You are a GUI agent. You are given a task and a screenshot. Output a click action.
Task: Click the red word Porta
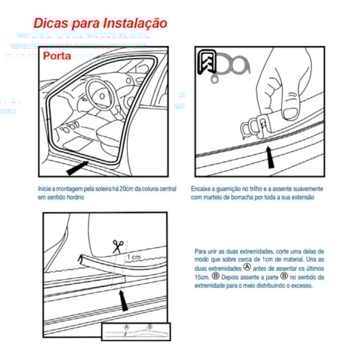pos(59,56)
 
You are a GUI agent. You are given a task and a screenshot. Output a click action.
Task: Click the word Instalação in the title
pos(134,23)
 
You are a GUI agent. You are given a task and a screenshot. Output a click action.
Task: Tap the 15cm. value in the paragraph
pos(202,276)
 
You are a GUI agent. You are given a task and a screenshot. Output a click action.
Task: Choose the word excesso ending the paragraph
pos(300,285)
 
